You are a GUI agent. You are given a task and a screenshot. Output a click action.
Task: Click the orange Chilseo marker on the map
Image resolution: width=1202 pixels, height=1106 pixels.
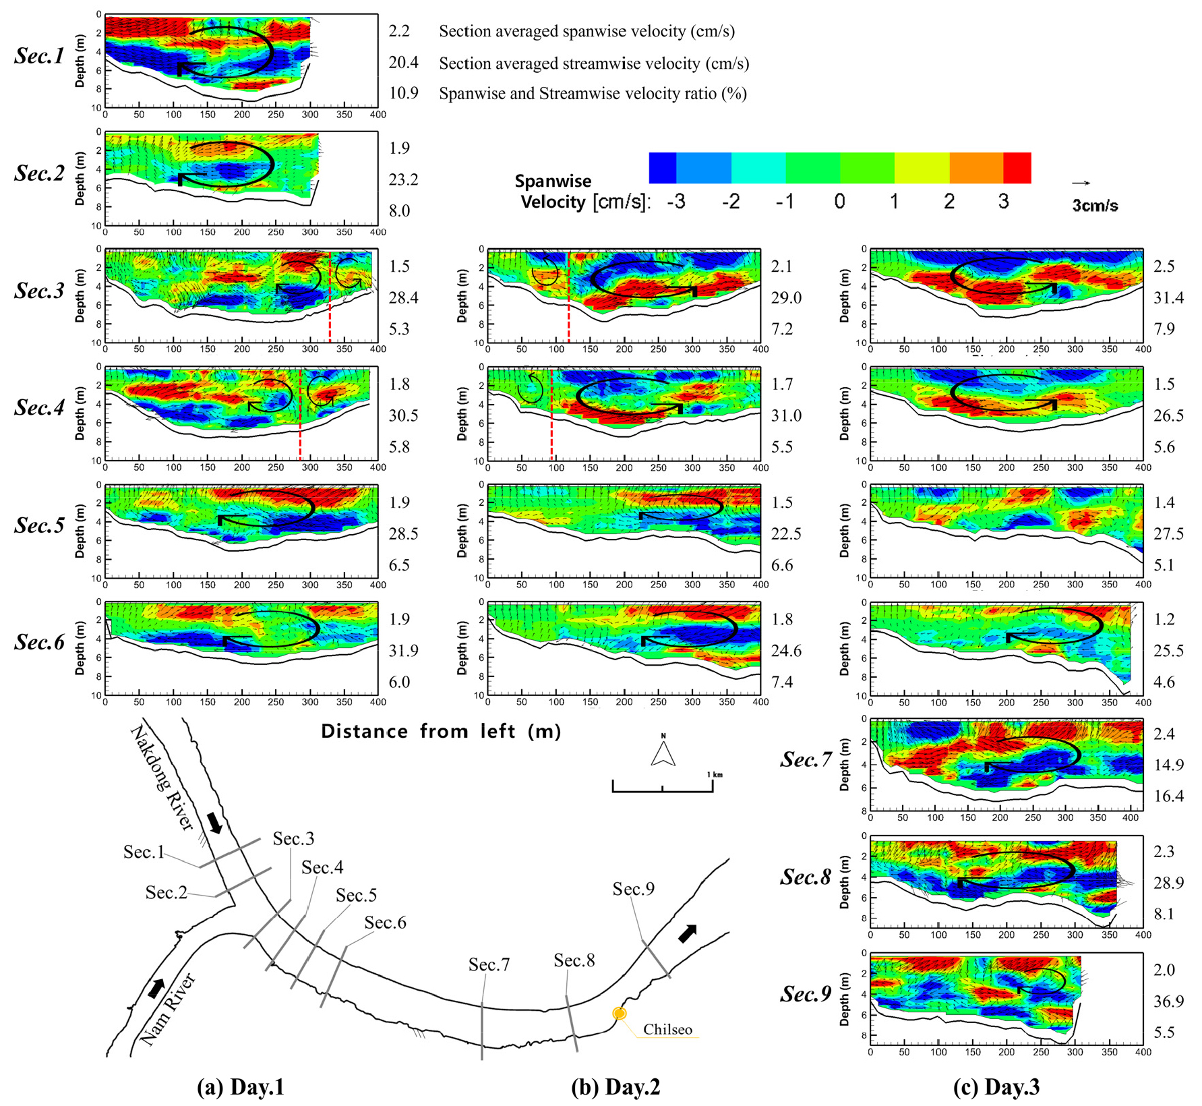pos(619,1013)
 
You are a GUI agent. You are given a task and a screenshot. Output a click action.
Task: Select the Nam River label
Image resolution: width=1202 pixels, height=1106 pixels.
pos(168,1009)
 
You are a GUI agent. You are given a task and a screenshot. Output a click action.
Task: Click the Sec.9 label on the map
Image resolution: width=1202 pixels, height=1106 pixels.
pos(633,889)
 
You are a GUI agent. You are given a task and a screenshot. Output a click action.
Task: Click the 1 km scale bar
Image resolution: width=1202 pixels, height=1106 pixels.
pos(663,786)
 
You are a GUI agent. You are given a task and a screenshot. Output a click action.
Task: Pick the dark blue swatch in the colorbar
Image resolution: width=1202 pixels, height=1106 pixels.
pos(662,168)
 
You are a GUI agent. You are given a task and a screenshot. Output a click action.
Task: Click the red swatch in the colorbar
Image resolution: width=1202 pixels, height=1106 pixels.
pos(1017,168)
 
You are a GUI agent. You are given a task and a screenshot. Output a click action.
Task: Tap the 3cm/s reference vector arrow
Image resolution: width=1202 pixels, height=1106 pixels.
pos(1081,183)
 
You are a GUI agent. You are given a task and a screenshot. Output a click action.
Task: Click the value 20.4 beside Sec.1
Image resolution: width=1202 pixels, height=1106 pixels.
pos(403,63)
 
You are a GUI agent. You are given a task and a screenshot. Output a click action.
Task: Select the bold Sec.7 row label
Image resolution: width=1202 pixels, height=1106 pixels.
pos(806,760)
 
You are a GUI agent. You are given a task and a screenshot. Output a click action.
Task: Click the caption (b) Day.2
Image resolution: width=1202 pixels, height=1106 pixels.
pos(615,1087)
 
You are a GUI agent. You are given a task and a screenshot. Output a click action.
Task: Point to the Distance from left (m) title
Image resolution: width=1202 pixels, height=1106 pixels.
pos(441,732)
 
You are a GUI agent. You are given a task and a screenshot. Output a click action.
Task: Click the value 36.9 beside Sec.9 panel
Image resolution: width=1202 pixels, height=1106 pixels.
pos(1168,1001)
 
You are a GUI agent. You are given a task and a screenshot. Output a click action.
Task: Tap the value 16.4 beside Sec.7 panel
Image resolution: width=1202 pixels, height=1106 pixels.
pos(1168,796)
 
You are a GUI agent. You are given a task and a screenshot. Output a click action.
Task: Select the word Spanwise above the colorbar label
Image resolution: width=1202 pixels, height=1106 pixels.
pos(553,181)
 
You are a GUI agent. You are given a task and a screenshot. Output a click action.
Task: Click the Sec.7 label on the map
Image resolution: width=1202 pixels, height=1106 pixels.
pos(489,965)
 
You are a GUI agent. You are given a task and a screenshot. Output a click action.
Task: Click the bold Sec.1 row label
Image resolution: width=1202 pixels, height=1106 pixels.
pos(39,55)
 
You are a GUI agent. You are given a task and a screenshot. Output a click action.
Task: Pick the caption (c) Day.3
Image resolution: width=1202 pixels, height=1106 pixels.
pos(996,1087)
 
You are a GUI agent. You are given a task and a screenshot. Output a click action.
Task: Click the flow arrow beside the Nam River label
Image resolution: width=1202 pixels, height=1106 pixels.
pos(156,989)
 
